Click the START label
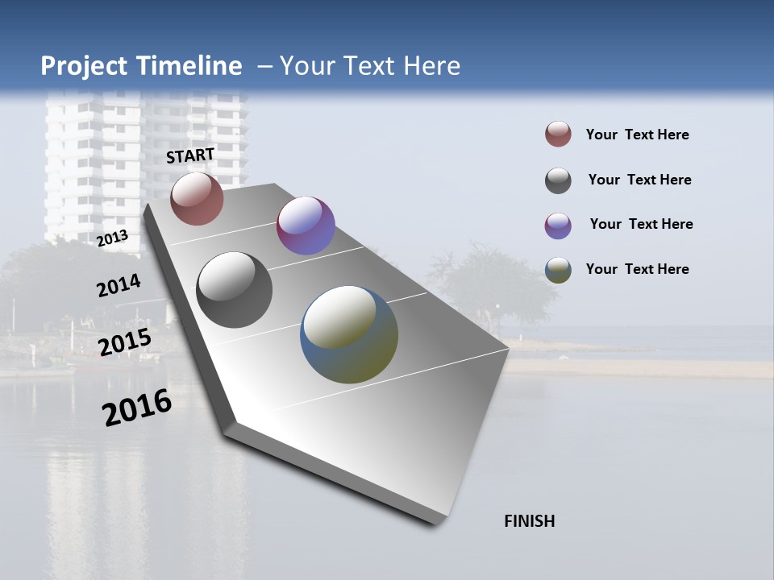pos(190,155)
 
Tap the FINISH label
pos(529,521)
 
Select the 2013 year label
pos(112,238)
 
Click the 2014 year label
pos(119,286)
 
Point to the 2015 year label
pos(125,342)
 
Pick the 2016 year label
pos(137,408)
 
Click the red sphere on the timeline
pos(197,198)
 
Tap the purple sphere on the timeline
pos(306,226)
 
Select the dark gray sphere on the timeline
pos(235,290)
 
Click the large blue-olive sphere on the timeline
pos(349,334)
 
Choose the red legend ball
pos(558,134)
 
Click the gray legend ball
pos(558,180)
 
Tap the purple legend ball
pos(558,226)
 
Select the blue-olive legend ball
pos(558,270)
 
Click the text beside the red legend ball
pos(637,135)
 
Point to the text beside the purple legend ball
pos(641,224)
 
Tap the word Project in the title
pos(84,66)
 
